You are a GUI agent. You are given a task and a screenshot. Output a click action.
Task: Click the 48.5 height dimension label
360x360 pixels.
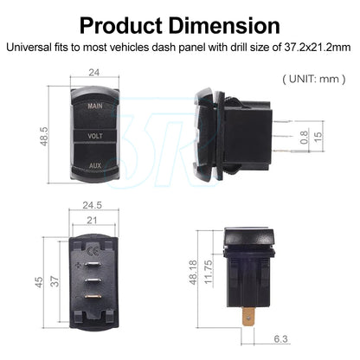click(x=44, y=136)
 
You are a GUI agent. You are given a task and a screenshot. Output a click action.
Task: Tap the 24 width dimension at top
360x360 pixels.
click(x=94, y=73)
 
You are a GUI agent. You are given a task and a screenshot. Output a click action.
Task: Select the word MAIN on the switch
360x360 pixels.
click(x=95, y=106)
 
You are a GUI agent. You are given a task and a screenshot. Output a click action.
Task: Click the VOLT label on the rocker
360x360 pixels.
click(x=95, y=136)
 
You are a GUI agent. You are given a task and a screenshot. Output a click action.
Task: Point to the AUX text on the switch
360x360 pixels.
click(x=95, y=165)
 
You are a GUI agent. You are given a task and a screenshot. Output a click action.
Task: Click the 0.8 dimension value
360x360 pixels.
click(x=304, y=137)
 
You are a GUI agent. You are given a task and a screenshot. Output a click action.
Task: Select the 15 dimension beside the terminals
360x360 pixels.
click(x=318, y=137)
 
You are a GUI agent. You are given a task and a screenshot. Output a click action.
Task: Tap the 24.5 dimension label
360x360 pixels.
click(x=93, y=205)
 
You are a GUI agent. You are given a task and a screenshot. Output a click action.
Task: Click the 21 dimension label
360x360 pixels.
click(x=92, y=221)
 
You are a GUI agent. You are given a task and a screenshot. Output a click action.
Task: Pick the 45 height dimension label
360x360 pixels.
click(x=39, y=282)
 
